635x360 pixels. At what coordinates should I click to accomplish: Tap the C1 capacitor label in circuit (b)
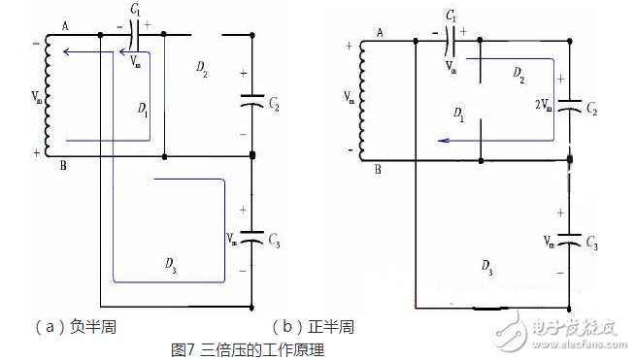[x=451, y=17]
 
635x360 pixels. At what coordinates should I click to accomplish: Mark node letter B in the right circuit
[x=380, y=169]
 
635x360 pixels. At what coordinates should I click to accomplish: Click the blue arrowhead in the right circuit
[x=443, y=140]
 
